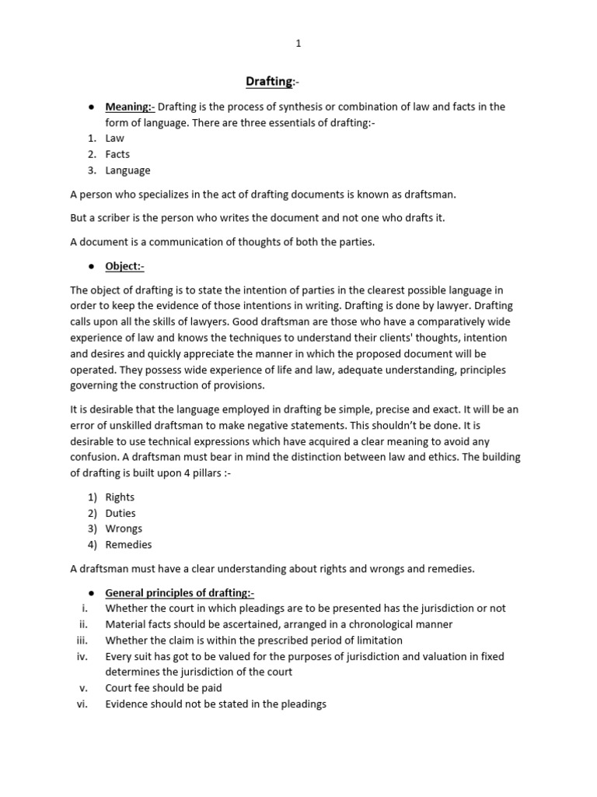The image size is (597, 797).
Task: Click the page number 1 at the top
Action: coord(298,44)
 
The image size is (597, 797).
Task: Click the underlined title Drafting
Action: coord(269,81)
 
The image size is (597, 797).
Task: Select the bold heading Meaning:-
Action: coord(130,107)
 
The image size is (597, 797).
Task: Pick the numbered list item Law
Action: coord(114,139)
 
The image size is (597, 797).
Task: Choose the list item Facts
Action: coord(117,154)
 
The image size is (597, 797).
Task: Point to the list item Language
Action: coord(127,170)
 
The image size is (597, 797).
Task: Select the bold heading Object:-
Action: coord(125,266)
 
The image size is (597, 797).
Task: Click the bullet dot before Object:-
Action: coord(91,266)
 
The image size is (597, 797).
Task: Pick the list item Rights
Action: coord(120,497)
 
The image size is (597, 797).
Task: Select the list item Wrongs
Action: coord(124,528)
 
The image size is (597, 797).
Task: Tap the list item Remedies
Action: coord(128,545)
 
